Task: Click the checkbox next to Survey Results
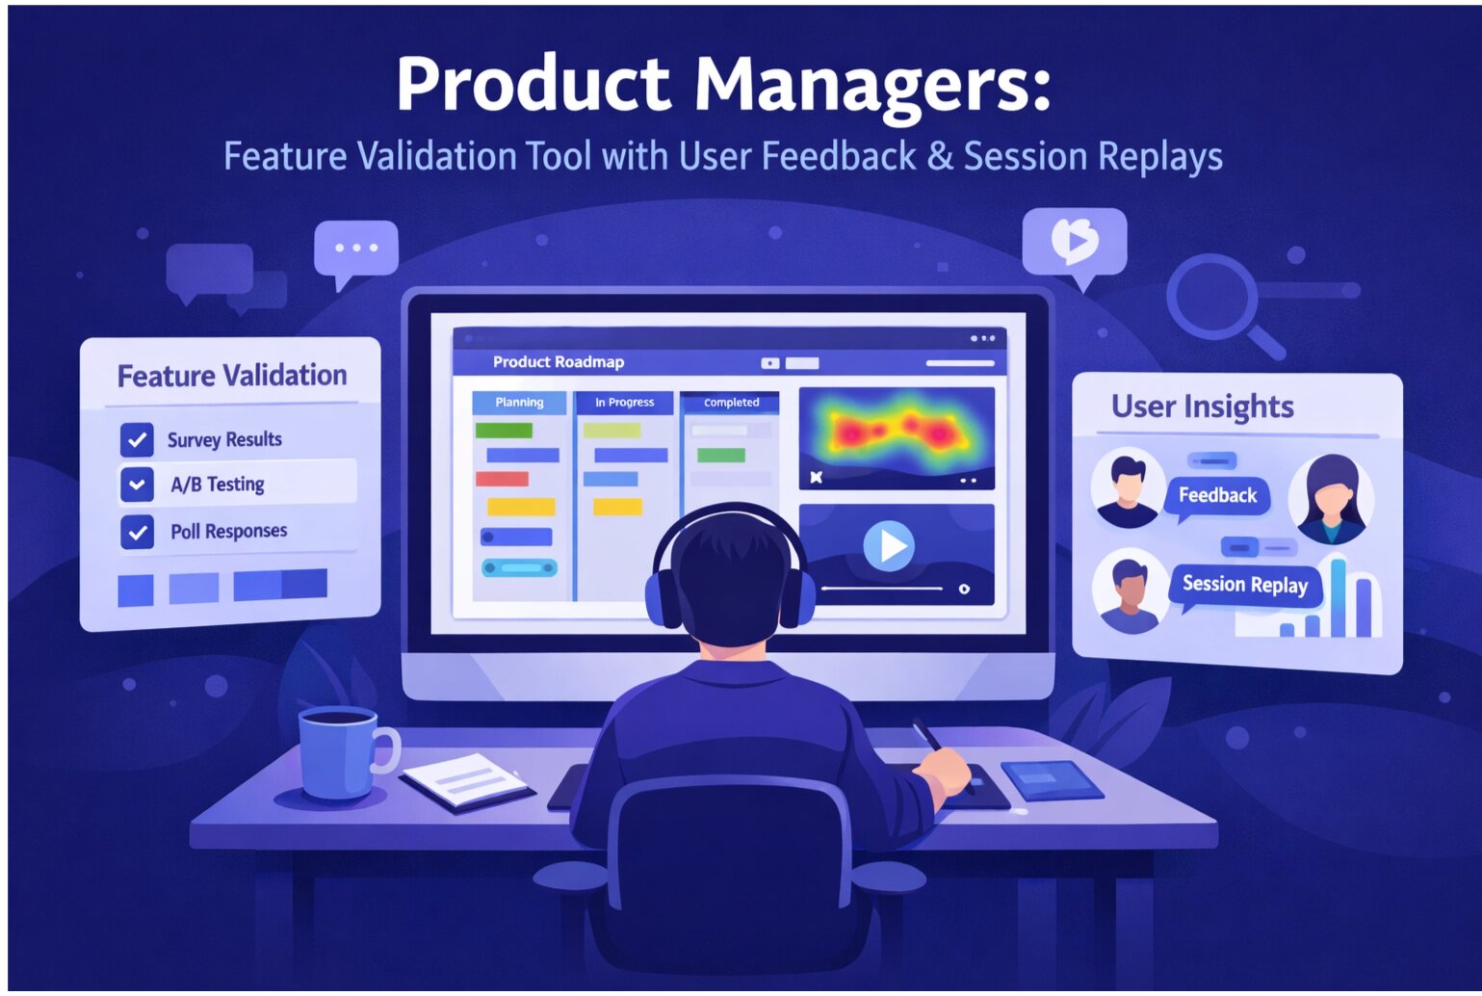pos(137,440)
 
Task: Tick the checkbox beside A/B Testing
pos(137,485)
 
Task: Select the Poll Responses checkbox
pos(137,532)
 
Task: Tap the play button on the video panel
pos(888,546)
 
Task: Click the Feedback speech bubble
pos(1217,496)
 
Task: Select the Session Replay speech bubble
pos(1244,585)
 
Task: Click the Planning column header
pos(519,403)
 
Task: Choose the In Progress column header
pos(624,403)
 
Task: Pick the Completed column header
pos(731,403)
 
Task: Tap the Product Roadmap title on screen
pos(559,362)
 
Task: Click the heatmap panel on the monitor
pos(896,437)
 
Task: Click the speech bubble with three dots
pos(356,249)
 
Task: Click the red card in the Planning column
pos(502,479)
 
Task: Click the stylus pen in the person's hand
pos(926,735)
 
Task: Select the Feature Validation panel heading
pos(232,375)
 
